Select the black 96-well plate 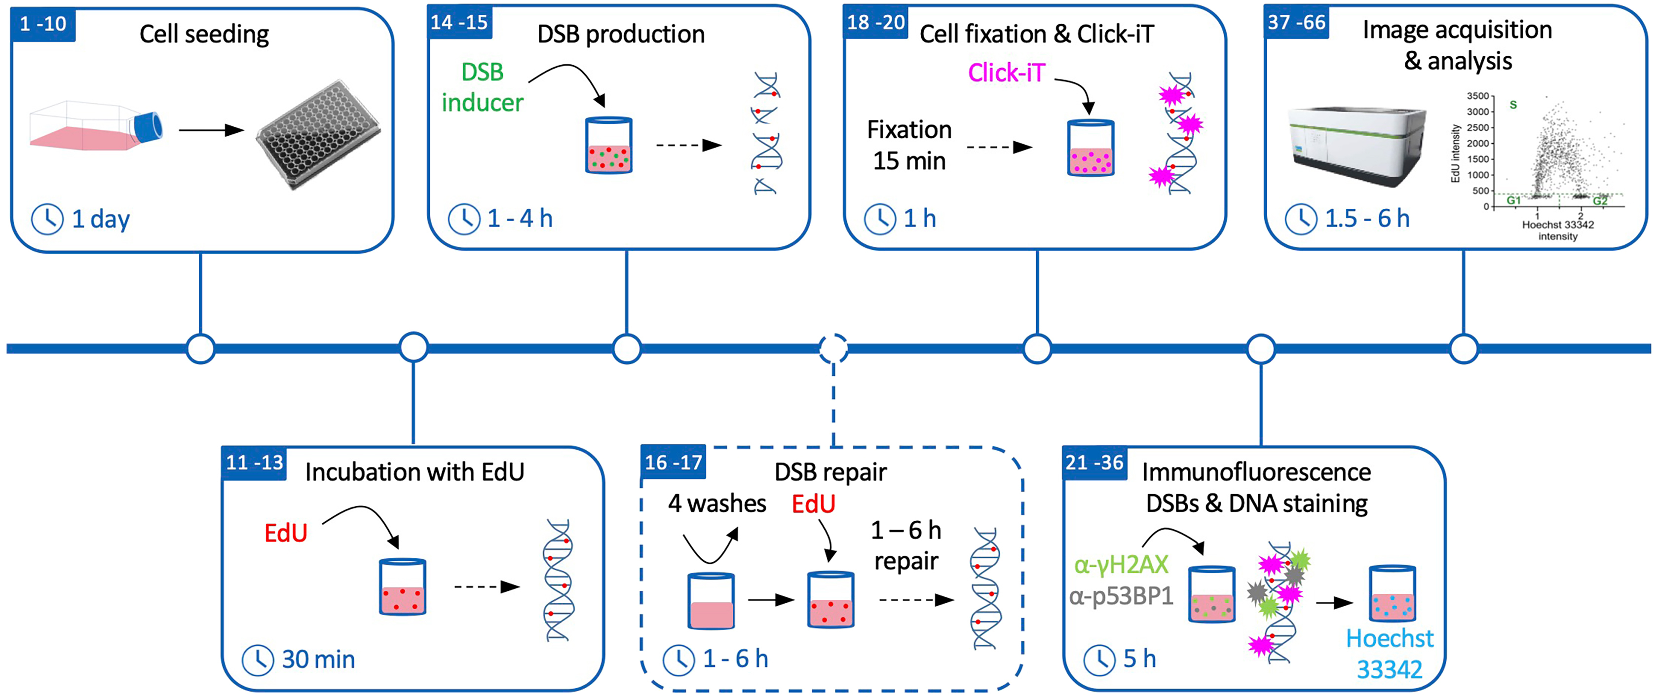318,136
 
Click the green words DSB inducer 483,87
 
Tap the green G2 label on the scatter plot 1600,201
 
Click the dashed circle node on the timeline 833,349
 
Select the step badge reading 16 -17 673,462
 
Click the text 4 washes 716,504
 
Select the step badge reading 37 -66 1296,23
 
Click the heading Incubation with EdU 414,472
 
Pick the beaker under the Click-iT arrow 1091,148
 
